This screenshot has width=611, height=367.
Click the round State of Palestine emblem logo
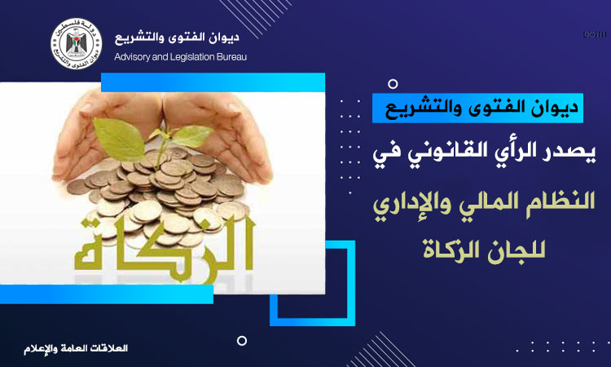(x=77, y=44)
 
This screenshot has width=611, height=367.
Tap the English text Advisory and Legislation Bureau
(x=180, y=57)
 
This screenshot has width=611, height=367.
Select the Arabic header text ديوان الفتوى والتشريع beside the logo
(x=177, y=38)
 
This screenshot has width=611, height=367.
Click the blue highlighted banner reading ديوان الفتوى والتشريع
(x=477, y=108)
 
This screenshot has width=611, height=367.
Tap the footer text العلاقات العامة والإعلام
(x=76, y=348)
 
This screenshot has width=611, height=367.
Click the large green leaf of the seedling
(x=118, y=139)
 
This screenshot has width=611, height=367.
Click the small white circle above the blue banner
(x=393, y=84)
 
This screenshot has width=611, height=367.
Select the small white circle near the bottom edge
(x=242, y=340)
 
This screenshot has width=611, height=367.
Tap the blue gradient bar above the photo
(x=213, y=82)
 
